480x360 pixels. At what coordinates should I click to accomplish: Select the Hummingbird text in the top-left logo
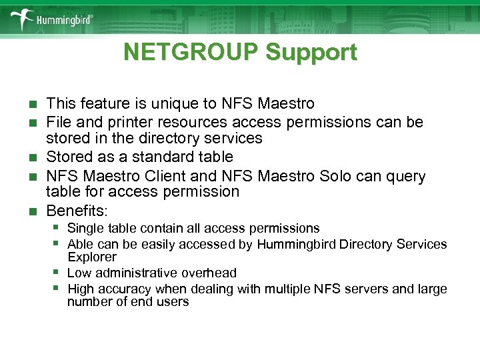pyautogui.click(x=63, y=20)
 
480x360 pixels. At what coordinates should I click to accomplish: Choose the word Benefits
pyautogui.click(x=75, y=211)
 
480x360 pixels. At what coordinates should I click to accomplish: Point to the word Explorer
pyautogui.click(x=92, y=257)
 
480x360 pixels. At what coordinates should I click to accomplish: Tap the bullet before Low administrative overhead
pyautogui.click(x=58, y=271)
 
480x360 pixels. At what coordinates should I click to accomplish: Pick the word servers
pyautogui.click(x=377, y=289)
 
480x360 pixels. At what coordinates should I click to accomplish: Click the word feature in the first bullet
pyautogui.click(x=99, y=104)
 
